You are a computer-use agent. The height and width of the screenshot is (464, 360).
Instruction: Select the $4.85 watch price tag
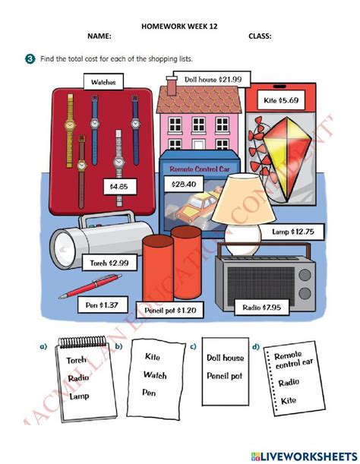pyautogui.click(x=118, y=185)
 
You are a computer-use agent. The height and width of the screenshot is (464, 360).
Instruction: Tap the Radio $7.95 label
pyautogui.click(x=277, y=307)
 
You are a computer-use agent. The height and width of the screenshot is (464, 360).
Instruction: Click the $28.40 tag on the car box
pyautogui.click(x=185, y=184)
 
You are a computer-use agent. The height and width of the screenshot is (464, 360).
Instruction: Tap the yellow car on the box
pyautogui.click(x=195, y=206)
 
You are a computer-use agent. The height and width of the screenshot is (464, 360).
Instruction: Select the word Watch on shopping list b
pyautogui.click(x=155, y=374)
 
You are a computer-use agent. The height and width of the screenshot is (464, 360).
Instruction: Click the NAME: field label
pyautogui.click(x=99, y=36)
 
